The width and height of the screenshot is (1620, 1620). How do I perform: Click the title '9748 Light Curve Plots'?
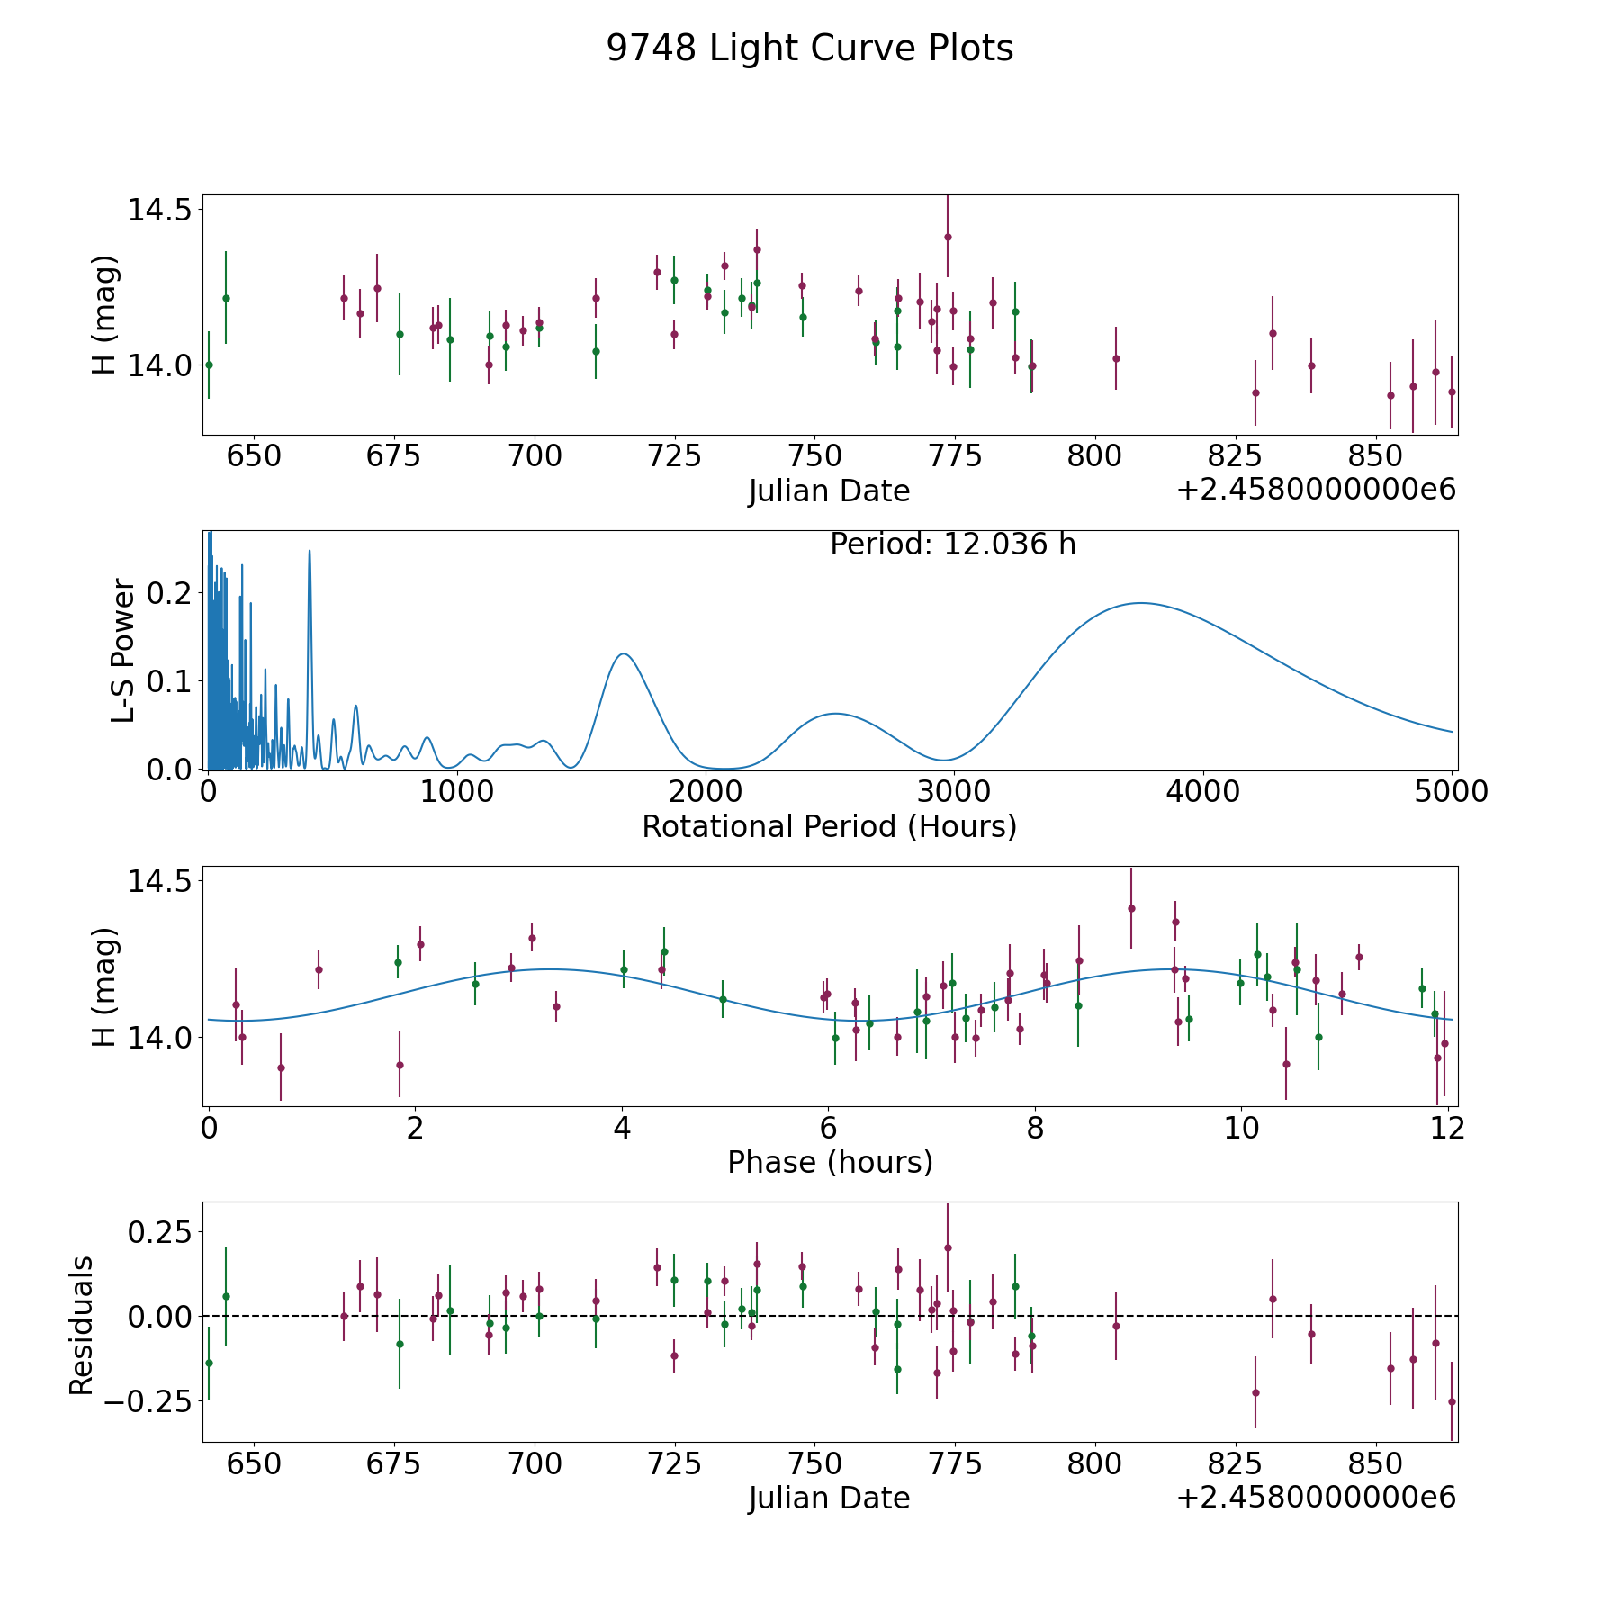tap(809, 49)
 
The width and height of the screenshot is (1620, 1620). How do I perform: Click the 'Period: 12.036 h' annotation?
tap(952, 544)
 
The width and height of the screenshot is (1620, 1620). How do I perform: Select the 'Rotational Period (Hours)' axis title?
tap(829, 826)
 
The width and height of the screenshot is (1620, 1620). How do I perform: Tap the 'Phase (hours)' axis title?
tap(830, 1162)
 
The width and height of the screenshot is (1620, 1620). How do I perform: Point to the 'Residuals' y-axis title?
tap(82, 1325)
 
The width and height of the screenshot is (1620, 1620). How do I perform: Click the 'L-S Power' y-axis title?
tap(124, 650)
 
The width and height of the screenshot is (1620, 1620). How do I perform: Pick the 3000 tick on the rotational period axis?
tap(953, 792)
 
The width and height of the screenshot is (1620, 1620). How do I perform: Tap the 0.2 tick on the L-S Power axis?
tap(171, 593)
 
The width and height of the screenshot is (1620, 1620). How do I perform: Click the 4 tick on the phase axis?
tap(622, 1129)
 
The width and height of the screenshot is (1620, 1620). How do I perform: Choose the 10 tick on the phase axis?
tap(1241, 1129)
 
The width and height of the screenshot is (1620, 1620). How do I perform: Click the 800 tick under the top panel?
tap(1093, 456)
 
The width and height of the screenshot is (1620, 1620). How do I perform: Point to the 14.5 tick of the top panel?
tap(159, 210)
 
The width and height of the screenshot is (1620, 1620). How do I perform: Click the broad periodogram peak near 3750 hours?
tap(1140, 603)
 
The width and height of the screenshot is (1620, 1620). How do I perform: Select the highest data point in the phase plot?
tap(1131, 908)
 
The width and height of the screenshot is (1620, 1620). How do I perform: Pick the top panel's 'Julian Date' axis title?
tap(829, 491)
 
